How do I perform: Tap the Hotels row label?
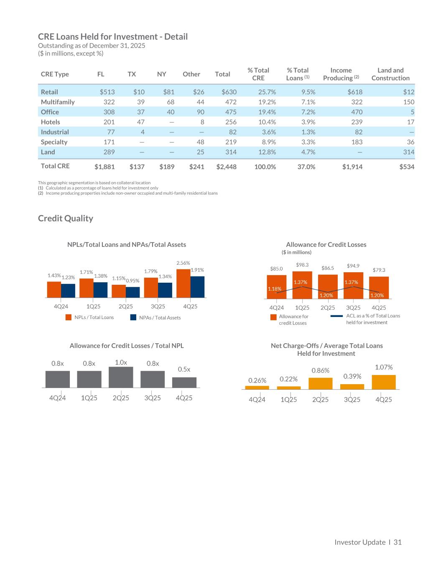pyautogui.click(x=50, y=122)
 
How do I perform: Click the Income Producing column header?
pyautogui.click(x=341, y=74)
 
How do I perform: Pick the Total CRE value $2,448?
pyautogui.click(x=226, y=167)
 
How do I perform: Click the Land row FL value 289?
pyautogui.click(x=109, y=152)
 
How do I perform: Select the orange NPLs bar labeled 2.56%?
pyautogui.click(x=183, y=283)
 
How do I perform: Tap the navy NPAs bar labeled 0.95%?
pyautogui.click(x=133, y=292)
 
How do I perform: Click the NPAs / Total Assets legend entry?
pyautogui.click(x=155, y=318)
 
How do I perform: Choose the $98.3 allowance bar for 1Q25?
pyautogui.click(x=302, y=285)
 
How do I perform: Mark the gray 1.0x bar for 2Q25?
pyautogui.click(x=121, y=377)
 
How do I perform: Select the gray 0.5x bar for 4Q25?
pyautogui.click(x=184, y=382)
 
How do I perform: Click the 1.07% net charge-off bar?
pyautogui.click(x=383, y=382)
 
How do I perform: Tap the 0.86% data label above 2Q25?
pyautogui.click(x=320, y=370)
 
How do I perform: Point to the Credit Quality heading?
pyautogui.click(x=66, y=218)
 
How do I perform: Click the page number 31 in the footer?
pyautogui.click(x=397, y=542)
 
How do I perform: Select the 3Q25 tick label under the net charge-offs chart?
pyautogui.click(x=352, y=400)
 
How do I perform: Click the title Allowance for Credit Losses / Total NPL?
pyautogui.click(x=127, y=346)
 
